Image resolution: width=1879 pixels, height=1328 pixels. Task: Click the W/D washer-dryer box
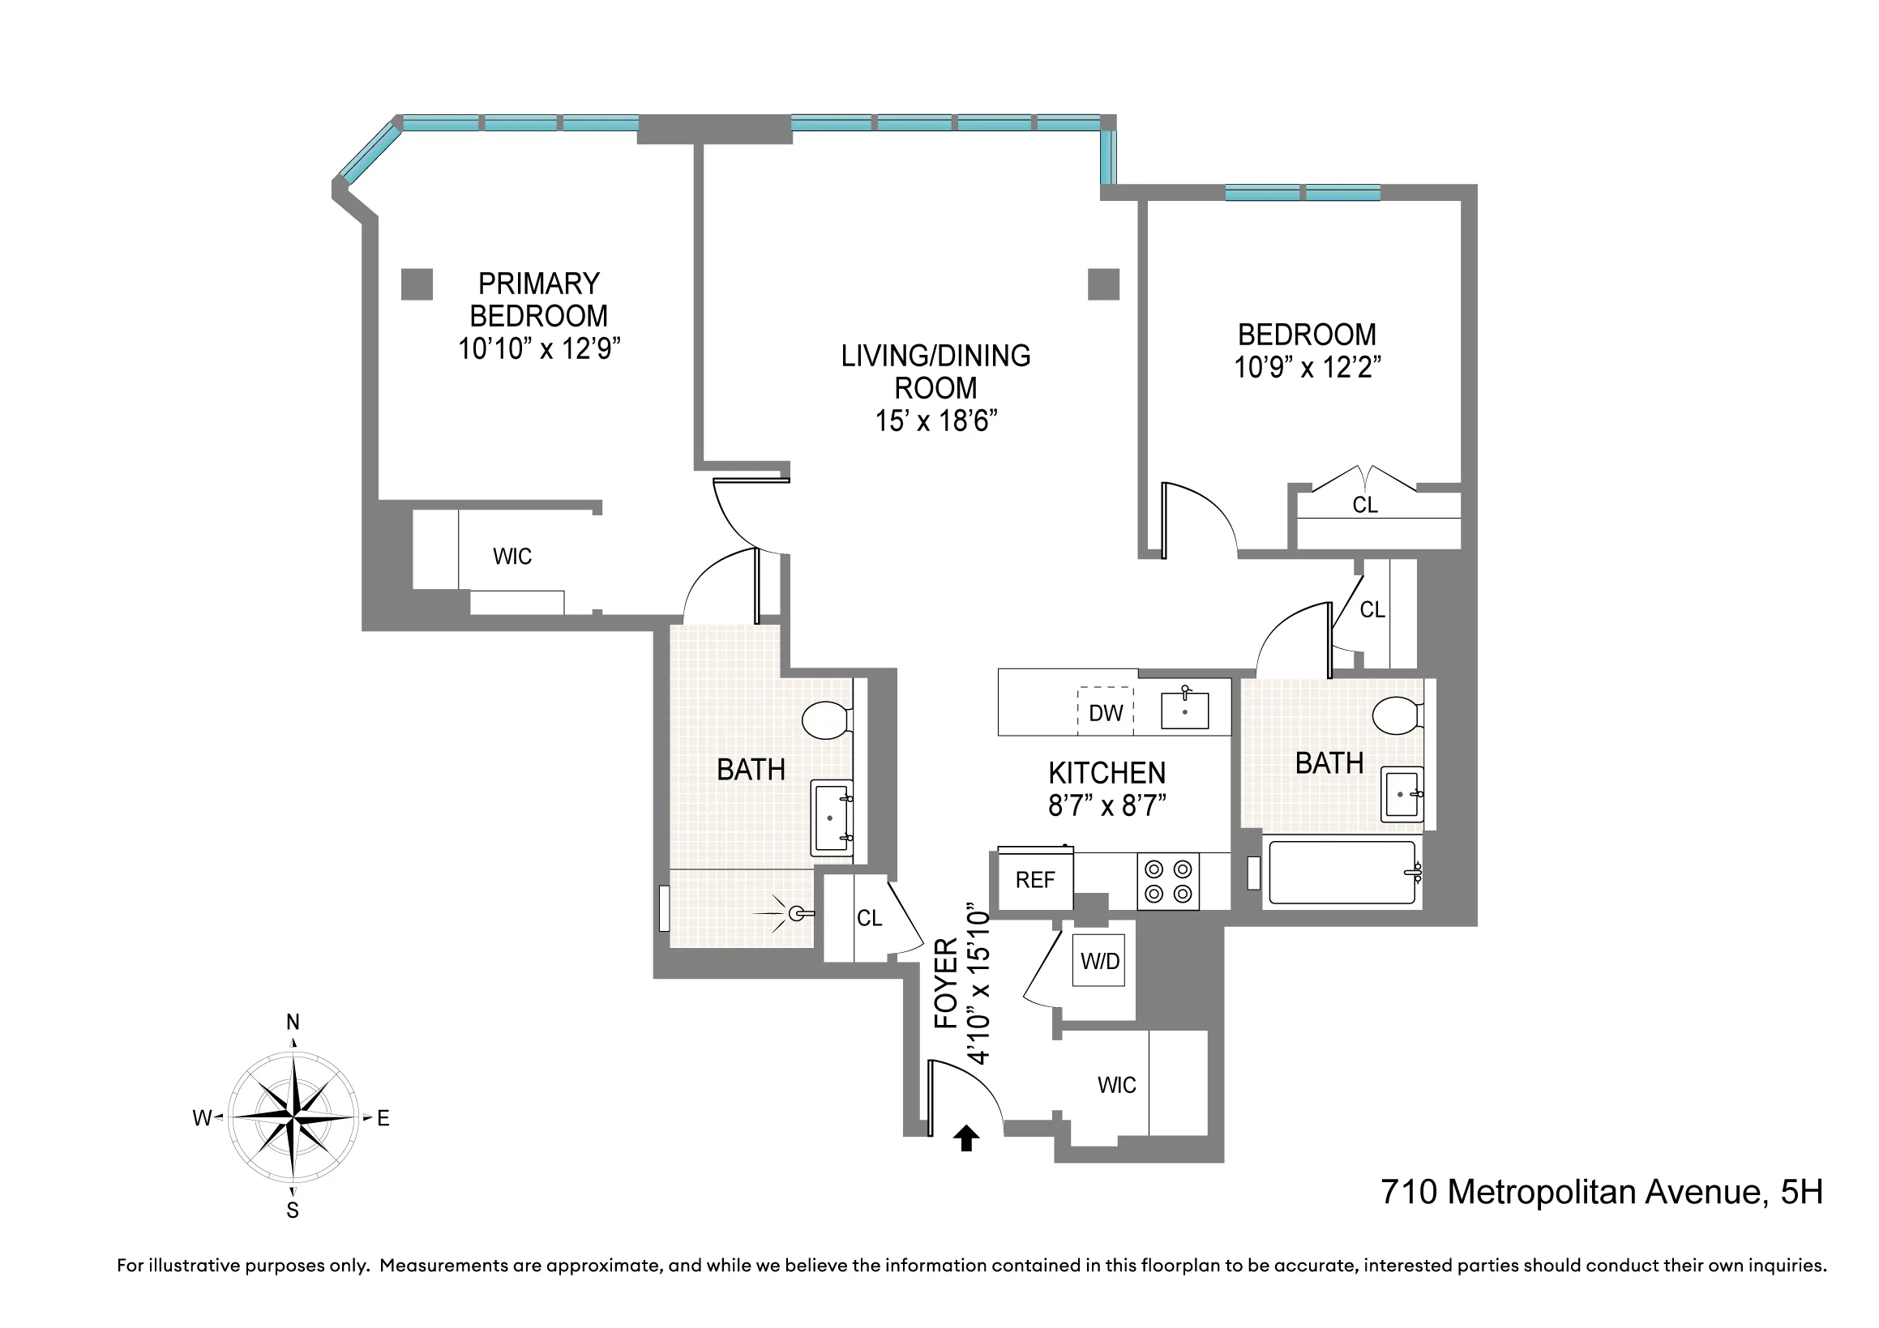1099,961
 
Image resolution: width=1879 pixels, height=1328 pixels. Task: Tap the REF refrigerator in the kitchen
1034,880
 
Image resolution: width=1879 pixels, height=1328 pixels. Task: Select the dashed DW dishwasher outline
1105,711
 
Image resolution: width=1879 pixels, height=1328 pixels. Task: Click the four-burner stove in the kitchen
1168,882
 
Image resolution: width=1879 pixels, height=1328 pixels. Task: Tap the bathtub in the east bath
1342,873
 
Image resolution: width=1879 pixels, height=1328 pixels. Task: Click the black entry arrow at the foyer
966,1138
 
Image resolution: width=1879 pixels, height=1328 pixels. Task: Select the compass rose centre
293,1117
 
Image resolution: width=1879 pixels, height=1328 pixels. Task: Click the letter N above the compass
293,1022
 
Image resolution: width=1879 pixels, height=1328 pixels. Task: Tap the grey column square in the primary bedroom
417,284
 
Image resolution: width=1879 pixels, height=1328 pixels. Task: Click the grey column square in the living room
1103,284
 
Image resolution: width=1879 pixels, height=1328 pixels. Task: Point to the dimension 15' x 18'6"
935,421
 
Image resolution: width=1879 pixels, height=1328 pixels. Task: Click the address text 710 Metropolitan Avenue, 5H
1602,1192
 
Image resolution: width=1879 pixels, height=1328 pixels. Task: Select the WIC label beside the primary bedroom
512,557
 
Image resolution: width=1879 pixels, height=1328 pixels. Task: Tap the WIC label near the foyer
1116,1085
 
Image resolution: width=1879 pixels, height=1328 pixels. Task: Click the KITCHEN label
1106,772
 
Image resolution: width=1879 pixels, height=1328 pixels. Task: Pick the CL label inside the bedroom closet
1364,505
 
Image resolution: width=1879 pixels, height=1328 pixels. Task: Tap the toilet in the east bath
1396,716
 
